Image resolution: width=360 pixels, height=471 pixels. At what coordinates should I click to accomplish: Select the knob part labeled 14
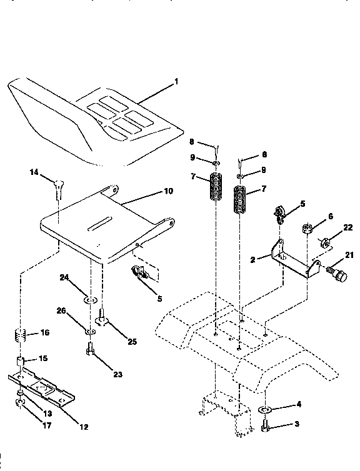click(57, 185)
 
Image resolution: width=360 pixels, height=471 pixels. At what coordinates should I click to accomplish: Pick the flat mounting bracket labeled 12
click(44, 388)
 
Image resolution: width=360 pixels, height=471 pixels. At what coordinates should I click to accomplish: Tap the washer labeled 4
click(264, 410)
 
